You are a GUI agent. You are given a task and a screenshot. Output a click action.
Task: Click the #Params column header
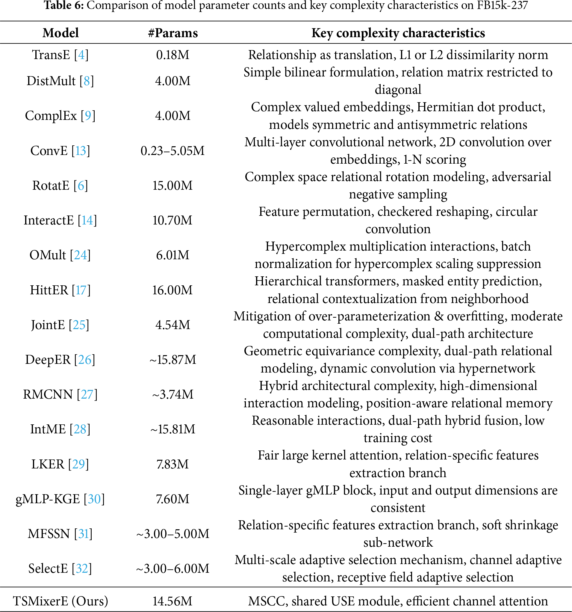click(172, 33)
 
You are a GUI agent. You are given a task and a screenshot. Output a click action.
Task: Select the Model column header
click(60, 33)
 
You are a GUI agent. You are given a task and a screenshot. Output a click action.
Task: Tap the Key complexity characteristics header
click(398, 33)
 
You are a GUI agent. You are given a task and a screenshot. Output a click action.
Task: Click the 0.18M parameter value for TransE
click(172, 55)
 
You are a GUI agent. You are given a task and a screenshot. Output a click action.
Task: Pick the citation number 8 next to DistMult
click(87, 81)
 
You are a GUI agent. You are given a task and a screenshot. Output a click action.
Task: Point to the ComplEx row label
click(51, 116)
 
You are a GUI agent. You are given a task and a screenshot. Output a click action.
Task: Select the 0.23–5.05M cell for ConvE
click(172, 151)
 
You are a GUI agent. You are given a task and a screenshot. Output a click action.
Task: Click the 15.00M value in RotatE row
click(172, 186)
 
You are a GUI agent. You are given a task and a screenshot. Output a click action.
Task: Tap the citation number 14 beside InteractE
click(87, 220)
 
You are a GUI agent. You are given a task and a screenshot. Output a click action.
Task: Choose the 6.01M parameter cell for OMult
click(172, 255)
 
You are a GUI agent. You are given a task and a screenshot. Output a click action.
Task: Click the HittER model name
click(49, 290)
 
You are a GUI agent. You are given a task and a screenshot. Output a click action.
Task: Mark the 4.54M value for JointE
click(172, 325)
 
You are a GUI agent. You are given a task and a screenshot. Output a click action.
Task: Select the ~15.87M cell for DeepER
click(172, 360)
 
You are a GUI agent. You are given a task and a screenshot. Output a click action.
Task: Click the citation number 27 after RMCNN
click(87, 394)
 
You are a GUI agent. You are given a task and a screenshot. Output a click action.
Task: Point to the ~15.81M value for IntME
click(172, 429)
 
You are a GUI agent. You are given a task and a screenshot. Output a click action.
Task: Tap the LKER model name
click(48, 464)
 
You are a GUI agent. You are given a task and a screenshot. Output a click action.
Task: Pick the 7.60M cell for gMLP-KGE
click(172, 499)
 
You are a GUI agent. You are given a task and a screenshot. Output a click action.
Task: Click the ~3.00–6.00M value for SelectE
click(172, 569)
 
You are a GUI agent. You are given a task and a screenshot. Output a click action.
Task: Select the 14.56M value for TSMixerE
click(172, 601)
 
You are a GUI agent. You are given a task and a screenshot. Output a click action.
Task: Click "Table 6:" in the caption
click(64, 5)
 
